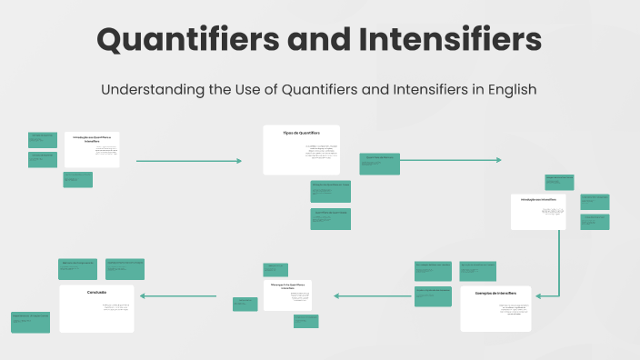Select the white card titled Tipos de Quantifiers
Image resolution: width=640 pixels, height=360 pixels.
[301, 150]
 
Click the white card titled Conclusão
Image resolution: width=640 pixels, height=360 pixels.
[97, 308]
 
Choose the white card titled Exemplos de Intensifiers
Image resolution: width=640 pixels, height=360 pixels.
[495, 308]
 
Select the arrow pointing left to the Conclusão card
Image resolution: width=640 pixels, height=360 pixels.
[178, 295]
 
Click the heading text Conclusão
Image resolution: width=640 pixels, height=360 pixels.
[97, 293]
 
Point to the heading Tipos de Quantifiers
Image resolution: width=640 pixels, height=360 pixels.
[301, 133]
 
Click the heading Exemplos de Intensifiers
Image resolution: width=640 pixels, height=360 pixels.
[495, 294]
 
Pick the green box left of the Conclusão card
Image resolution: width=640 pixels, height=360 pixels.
[30, 322]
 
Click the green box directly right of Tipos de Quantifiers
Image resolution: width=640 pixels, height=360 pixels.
[379, 163]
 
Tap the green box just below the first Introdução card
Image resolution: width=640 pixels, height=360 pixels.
[77, 179]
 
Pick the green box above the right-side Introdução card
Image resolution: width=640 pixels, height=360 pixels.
[559, 182]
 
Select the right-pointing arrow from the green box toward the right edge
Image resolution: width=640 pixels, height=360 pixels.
[451, 160]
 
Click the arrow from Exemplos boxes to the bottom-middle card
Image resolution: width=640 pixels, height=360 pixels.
[373, 295]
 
